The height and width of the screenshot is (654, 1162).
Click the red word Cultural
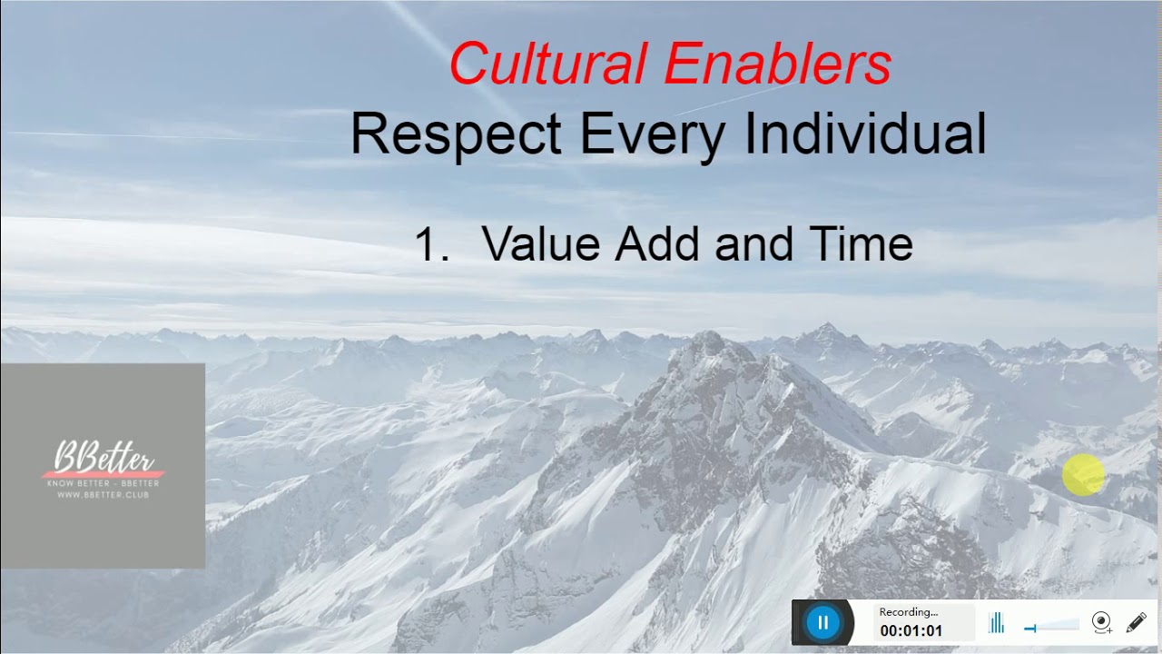pyautogui.click(x=547, y=64)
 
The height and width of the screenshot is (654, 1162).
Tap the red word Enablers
pyautogui.click(x=778, y=64)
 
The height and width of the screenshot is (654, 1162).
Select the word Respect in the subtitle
pyautogui.click(x=456, y=134)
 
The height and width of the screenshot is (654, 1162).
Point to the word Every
pyautogui.click(x=652, y=134)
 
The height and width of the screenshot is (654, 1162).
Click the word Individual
pyautogui.click(x=865, y=134)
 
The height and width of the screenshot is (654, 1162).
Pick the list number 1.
pyautogui.click(x=430, y=244)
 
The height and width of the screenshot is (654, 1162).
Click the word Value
pyautogui.click(x=541, y=244)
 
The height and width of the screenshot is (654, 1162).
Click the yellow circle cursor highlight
pyautogui.click(x=1083, y=475)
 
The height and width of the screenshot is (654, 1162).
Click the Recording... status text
pyautogui.click(x=908, y=612)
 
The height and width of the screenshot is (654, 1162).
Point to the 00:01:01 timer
pyautogui.click(x=911, y=630)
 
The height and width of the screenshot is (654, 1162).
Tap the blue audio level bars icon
pyautogui.click(x=996, y=623)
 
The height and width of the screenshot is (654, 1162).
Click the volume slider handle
pyautogui.click(x=1030, y=628)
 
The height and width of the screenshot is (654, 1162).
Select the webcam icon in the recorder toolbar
pyautogui.click(x=1101, y=623)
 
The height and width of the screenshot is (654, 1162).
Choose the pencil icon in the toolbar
pyautogui.click(x=1136, y=623)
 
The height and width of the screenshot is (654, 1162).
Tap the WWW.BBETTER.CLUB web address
pyautogui.click(x=103, y=494)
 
